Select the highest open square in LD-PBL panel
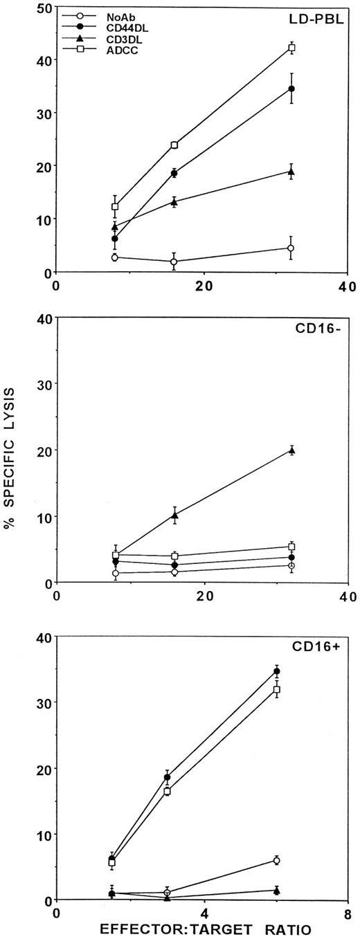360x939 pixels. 291,48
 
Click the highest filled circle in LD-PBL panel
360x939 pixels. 291,89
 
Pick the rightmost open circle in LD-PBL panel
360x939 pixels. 291,248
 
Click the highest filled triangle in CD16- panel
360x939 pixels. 291,450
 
